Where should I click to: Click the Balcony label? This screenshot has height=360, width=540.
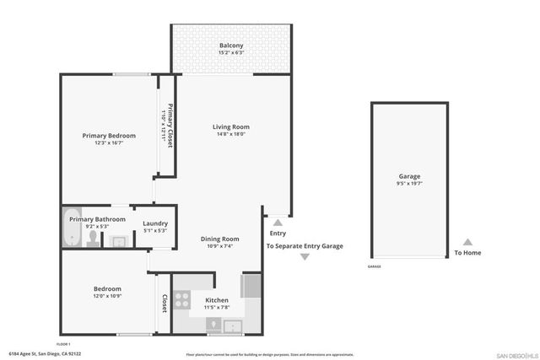point(231,46)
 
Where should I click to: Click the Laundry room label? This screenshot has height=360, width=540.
point(155,223)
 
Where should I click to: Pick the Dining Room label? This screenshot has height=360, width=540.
point(219,239)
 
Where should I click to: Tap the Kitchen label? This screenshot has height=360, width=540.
point(217,301)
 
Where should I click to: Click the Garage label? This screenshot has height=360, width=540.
point(409,176)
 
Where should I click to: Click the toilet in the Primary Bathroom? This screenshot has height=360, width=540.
point(93,239)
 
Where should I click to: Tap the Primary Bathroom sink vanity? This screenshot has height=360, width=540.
point(119,241)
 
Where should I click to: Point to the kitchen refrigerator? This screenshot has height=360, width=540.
point(251,287)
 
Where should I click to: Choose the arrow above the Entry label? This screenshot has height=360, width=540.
point(278,222)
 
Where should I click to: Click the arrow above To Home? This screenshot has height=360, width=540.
point(467,242)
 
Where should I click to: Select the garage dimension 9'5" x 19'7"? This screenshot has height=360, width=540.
point(409,184)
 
